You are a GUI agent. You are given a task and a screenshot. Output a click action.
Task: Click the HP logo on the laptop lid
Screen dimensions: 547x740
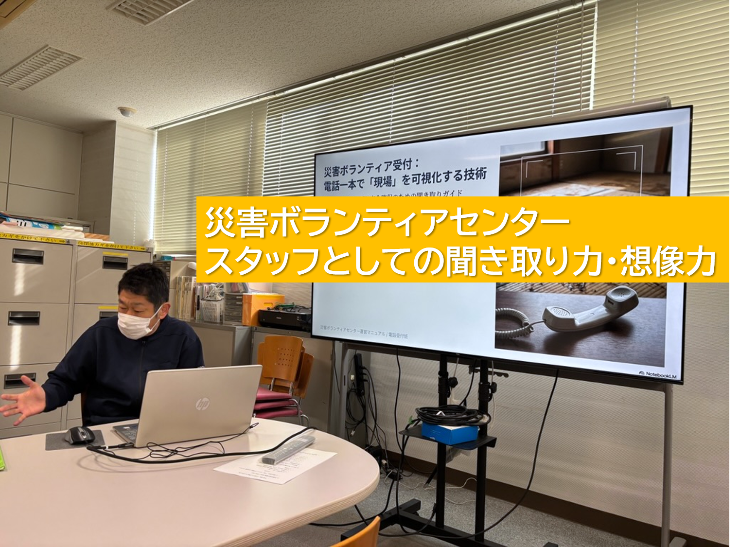point(202,404)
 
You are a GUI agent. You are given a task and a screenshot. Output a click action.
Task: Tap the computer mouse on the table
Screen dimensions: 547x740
point(79,435)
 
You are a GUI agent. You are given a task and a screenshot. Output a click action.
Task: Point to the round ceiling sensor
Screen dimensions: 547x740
point(126,111)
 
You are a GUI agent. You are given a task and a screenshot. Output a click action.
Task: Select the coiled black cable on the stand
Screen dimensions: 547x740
point(450,415)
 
